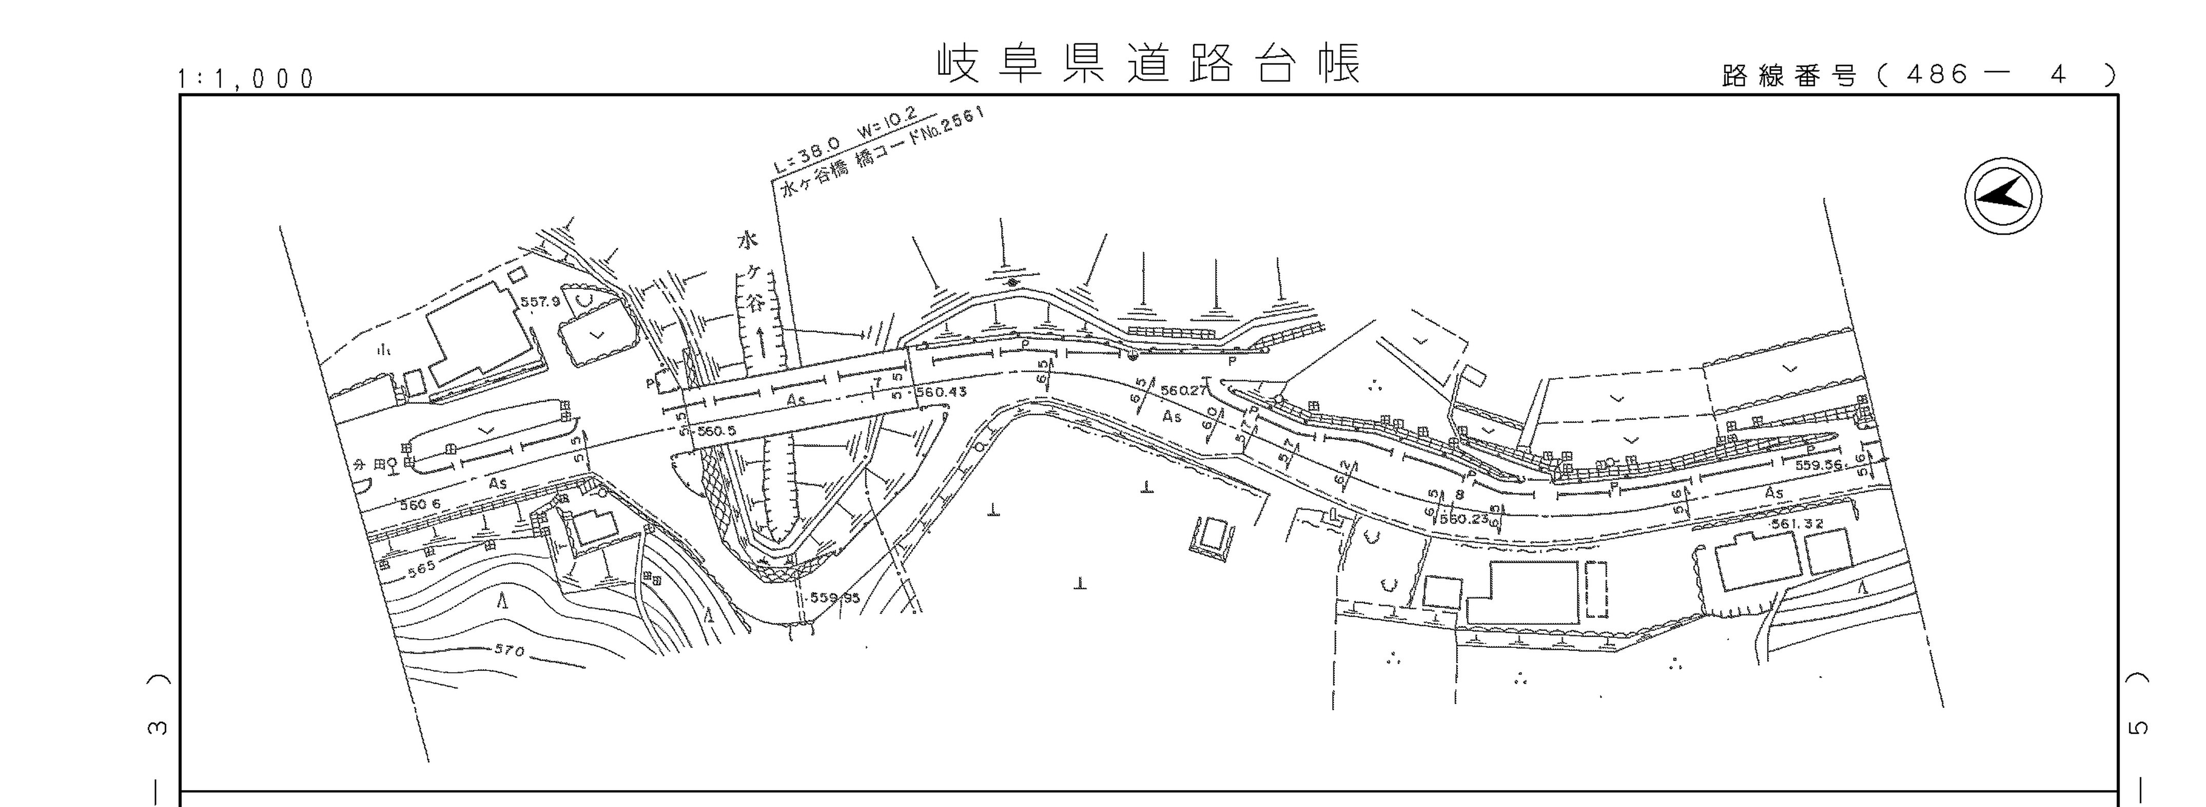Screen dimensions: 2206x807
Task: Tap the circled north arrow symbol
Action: pyautogui.click(x=2002, y=195)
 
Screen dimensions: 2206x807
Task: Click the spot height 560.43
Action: pyautogui.click(x=941, y=392)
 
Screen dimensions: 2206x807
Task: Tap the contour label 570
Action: pyautogui.click(x=509, y=650)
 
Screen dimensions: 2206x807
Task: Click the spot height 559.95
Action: pyautogui.click(x=835, y=598)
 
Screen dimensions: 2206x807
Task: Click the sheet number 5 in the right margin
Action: pyautogui.click(x=2138, y=727)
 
